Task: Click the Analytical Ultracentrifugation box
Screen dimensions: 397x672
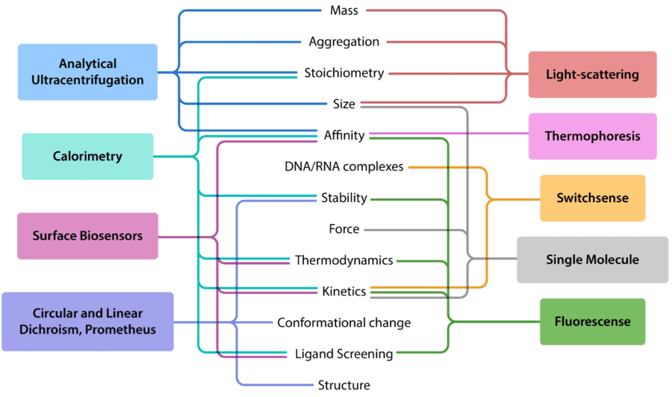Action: [x=88, y=72]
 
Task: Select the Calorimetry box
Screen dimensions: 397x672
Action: [x=87, y=157]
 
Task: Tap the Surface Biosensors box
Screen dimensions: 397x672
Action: [x=87, y=236]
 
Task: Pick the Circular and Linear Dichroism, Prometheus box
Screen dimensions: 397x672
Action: [x=87, y=321]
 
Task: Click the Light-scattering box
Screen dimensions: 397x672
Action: [x=592, y=75]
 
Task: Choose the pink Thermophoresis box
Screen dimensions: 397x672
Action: [x=592, y=137]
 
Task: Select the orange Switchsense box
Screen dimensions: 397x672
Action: [x=592, y=198]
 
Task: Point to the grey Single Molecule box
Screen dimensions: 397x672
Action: [x=592, y=260]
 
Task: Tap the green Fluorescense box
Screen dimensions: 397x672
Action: [x=592, y=322]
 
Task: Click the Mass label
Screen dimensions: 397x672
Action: [x=344, y=10]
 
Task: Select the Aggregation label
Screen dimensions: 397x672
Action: [x=344, y=42]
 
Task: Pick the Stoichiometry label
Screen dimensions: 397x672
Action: [x=344, y=73]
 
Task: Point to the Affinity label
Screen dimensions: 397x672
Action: [x=344, y=135]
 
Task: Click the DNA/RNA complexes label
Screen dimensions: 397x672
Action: [x=344, y=166]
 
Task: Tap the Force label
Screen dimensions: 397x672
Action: [x=344, y=229]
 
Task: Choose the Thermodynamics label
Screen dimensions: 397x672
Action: [x=344, y=260]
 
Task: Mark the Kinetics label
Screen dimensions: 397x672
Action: [x=344, y=291]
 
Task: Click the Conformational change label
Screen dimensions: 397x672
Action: [x=344, y=322]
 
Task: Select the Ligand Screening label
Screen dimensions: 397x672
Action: [x=344, y=354]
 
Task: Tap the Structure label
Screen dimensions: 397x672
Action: [x=344, y=385]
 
